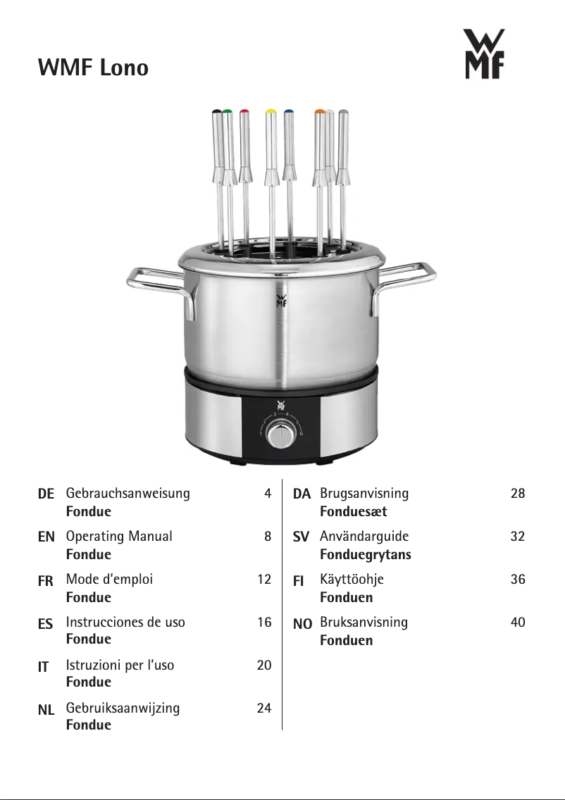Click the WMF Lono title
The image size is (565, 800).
(x=93, y=68)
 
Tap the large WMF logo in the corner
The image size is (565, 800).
(x=484, y=54)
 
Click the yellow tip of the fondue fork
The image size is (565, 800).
(x=271, y=111)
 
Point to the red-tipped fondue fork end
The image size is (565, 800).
(x=244, y=111)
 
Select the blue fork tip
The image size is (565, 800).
(x=289, y=111)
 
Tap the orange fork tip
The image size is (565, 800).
(x=320, y=111)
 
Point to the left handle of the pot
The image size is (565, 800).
(x=159, y=288)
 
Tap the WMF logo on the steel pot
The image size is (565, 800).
(x=281, y=301)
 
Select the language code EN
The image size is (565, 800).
(x=46, y=537)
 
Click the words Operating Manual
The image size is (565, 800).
(x=119, y=536)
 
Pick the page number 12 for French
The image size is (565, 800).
(x=264, y=579)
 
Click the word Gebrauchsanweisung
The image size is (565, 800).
(x=128, y=494)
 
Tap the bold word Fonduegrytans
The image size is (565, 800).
(x=366, y=555)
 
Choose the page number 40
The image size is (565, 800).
(x=518, y=622)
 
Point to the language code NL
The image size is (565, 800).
(x=46, y=709)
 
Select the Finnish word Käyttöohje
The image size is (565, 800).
(x=352, y=580)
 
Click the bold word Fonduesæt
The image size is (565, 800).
(x=353, y=511)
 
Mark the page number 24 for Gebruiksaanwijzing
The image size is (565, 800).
(x=264, y=708)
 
